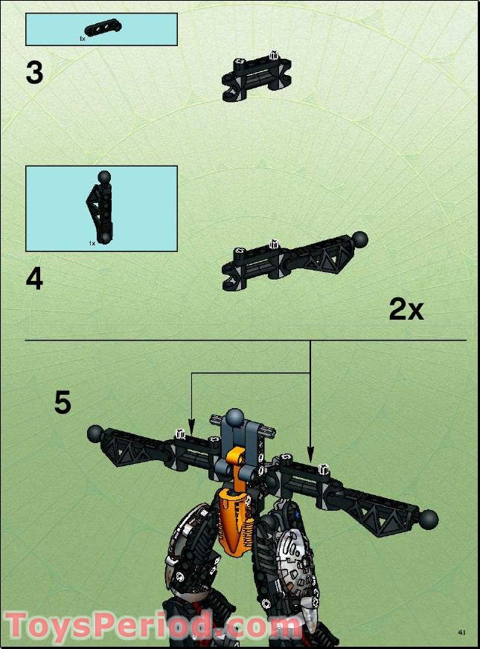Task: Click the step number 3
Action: [34, 74]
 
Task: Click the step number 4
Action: [34, 280]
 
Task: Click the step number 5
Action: [63, 402]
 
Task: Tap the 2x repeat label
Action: [406, 309]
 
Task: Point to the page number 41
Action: [461, 633]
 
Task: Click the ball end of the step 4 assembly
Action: [361, 239]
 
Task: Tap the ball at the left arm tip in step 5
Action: [95, 433]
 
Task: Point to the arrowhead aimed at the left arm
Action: [191, 431]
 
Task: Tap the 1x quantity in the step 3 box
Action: [83, 37]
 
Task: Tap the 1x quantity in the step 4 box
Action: [92, 243]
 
